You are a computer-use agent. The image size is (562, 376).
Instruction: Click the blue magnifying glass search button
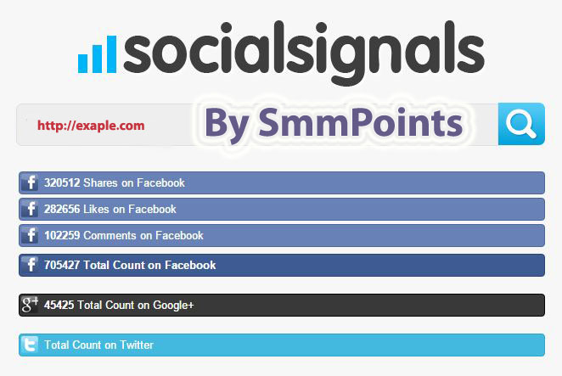tap(521, 124)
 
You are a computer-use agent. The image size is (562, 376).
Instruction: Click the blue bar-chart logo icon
tap(97, 54)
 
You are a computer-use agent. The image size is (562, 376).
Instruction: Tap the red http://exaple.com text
tap(91, 126)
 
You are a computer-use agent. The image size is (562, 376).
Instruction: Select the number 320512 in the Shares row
tap(62, 182)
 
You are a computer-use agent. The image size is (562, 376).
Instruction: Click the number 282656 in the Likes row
tap(62, 209)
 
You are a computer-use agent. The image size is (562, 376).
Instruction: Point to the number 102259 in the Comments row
tap(62, 235)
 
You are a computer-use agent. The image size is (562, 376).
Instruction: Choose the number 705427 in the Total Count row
tap(62, 266)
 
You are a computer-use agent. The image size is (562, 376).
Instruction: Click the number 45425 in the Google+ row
tap(59, 305)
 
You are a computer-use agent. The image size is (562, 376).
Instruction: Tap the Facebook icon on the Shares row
tap(30, 182)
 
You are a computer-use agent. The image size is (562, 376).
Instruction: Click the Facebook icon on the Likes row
tap(30, 209)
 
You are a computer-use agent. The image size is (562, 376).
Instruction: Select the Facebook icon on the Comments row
tap(30, 235)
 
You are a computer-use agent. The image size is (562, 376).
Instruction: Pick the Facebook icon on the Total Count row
tap(30, 266)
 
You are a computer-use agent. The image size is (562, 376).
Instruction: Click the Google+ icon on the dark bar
tap(30, 305)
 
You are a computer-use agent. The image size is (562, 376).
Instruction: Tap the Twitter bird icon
tap(30, 345)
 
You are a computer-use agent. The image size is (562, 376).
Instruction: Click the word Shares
tap(100, 182)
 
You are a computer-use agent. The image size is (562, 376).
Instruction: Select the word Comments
tap(110, 235)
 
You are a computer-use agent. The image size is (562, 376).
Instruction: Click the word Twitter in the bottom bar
tap(137, 345)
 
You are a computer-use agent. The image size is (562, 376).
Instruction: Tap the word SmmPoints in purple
tap(361, 123)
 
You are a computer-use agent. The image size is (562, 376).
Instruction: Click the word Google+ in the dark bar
tap(173, 306)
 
